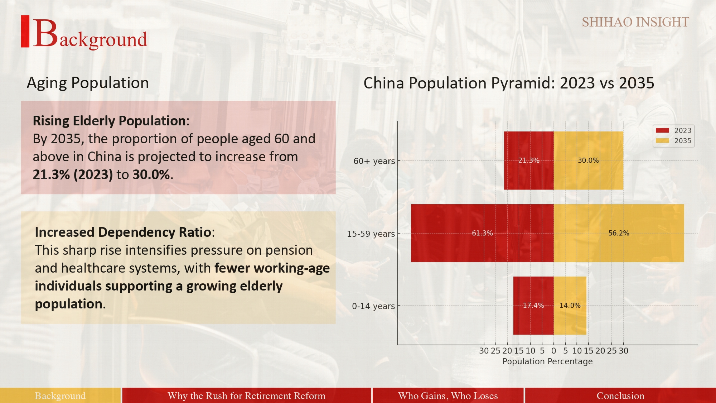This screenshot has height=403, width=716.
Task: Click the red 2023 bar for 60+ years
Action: tap(529, 160)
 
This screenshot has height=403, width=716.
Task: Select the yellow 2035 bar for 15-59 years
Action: tap(619, 233)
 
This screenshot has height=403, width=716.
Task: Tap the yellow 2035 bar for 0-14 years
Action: tap(570, 306)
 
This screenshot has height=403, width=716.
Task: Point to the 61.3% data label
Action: tap(482, 233)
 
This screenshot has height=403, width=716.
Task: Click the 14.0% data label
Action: tap(570, 306)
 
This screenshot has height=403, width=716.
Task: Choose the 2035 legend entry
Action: tap(673, 141)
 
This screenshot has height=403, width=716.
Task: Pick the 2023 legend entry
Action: tap(673, 130)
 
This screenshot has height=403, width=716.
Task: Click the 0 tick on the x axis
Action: tap(554, 351)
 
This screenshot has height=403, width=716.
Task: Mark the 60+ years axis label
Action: tap(374, 161)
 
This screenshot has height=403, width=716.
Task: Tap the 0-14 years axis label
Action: tap(373, 306)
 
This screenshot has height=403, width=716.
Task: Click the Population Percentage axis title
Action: tap(547, 361)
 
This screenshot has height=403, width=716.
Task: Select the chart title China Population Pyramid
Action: tap(509, 83)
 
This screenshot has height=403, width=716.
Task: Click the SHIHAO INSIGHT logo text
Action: tap(635, 22)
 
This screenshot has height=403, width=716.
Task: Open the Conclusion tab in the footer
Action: tap(620, 395)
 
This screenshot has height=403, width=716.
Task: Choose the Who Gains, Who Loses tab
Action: tap(448, 395)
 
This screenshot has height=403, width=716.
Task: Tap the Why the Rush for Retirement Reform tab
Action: tap(246, 395)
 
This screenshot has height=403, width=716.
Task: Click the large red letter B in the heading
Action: tap(45, 33)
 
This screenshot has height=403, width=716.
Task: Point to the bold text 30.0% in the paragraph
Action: tap(151, 175)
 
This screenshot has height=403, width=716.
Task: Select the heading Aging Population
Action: tap(88, 83)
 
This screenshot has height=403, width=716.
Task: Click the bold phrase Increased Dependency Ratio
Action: tap(123, 232)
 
